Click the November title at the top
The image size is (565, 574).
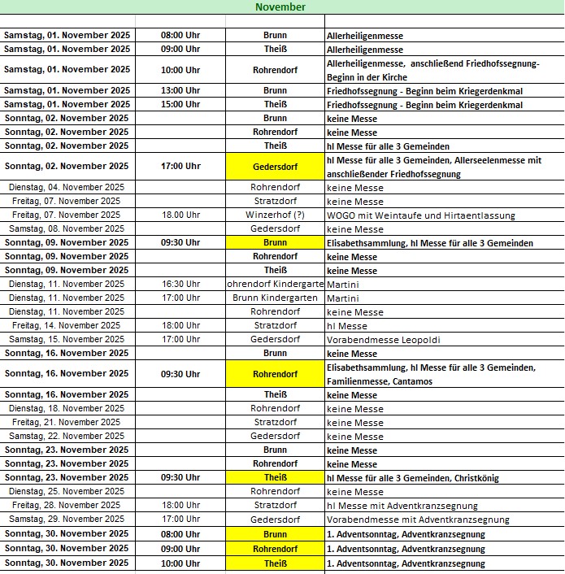(280, 7)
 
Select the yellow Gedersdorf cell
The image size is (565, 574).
(275, 166)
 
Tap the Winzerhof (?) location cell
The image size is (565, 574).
(275, 215)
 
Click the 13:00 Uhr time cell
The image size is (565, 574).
(180, 90)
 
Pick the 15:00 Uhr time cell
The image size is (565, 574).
(180, 104)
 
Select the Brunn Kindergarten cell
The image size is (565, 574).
(275, 298)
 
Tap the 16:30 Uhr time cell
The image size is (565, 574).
(180, 284)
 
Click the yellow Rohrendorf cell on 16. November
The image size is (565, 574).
(275, 374)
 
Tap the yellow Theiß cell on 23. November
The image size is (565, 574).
(275, 477)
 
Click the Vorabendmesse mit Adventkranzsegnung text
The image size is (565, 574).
(418, 520)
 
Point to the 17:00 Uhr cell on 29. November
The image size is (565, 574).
(180, 519)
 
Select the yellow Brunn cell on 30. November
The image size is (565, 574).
(275, 534)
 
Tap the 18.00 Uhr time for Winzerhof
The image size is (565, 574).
(180, 215)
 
